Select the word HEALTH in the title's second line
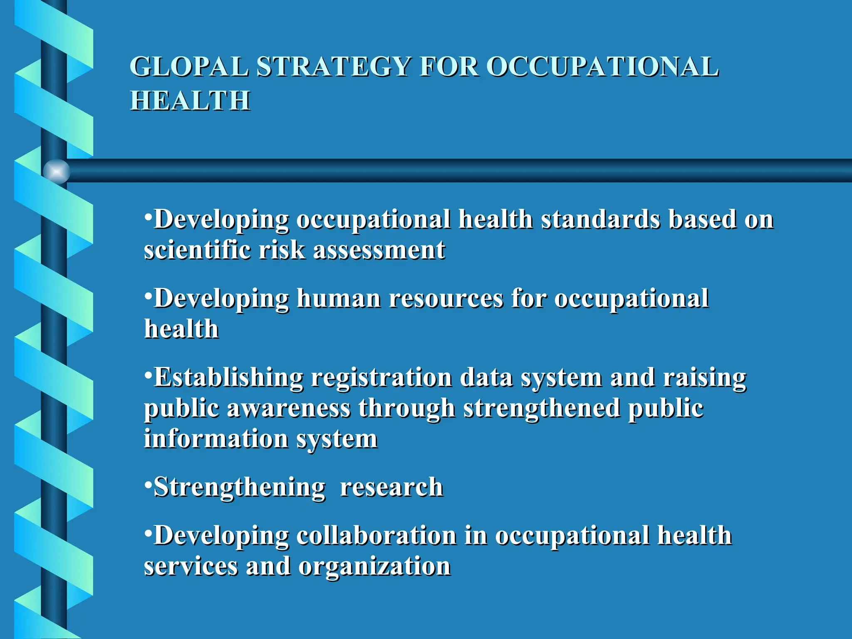pyautogui.click(x=190, y=101)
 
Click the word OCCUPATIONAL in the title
pyautogui.click(x=602, y=67)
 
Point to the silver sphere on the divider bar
pyautogui.click(x=56, y=171)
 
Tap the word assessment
pyautogui.click(x=379, y=250)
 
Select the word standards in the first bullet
pyautogui.click(x=600, y=219)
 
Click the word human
pyautogui.click(x=339, y=299)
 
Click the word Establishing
pyautogui.click(x=228, y=378)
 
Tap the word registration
pyautogui.click(x=381, y=378)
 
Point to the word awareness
pyautogui.click(x=289, y=408)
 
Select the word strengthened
pyautogui.click(x=542, y=408)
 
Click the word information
pyautogui.click(x=216, y=439)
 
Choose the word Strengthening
pyautogui.click(x=239, y=487)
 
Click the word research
pyautogui.click(x=391, y=487)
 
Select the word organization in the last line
pyautogui.click(x=374, y=566)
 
